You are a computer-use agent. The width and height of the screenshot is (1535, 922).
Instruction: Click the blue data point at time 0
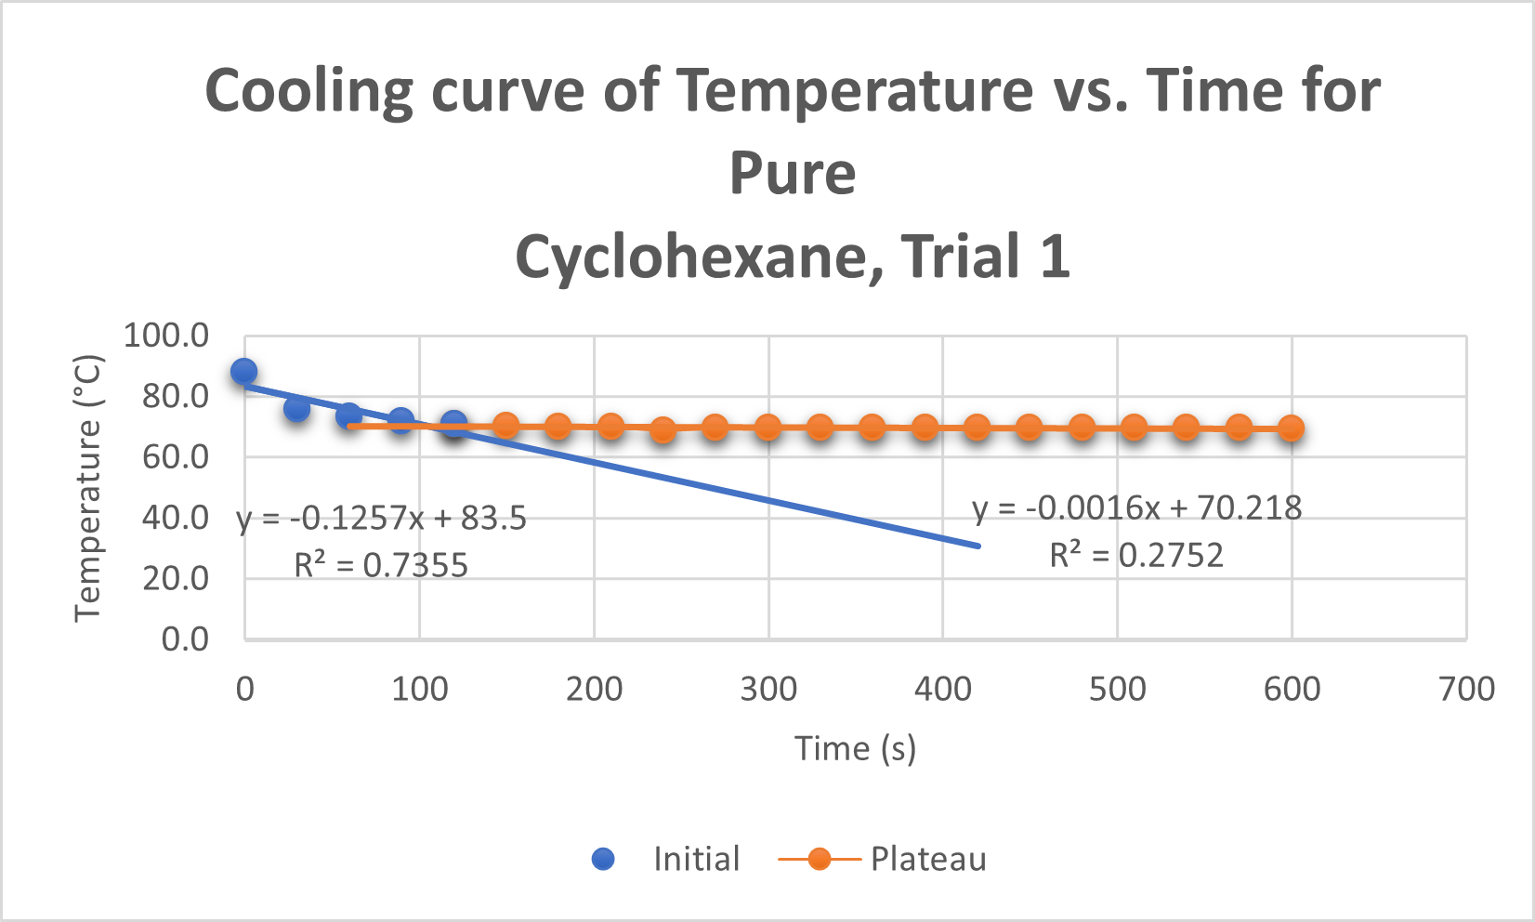point(244,372)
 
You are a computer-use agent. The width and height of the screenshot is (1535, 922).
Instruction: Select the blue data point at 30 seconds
point(296,408)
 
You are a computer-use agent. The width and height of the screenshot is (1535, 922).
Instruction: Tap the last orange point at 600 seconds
point(1291,428)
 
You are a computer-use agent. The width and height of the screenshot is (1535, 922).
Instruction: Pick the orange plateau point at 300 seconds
point(767,428)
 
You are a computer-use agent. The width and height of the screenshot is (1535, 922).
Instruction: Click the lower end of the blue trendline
point(977,546)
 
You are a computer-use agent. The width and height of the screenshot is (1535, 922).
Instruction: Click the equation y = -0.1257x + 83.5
point(382,518)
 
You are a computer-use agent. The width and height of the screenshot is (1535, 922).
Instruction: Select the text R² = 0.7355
point(381,565)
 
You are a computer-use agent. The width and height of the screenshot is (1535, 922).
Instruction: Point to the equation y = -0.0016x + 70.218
point(1136,508)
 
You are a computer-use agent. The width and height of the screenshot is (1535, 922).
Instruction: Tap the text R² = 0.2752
point(1136,556)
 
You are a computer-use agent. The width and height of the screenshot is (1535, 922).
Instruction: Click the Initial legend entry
point(696,859)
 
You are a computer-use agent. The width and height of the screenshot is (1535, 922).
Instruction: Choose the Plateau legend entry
point(927,859)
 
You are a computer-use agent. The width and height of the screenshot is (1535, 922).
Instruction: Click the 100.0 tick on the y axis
point(166,336)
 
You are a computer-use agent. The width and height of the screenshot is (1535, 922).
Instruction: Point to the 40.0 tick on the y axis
point(175,518)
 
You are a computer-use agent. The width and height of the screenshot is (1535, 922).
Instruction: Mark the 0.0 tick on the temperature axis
point(185,639)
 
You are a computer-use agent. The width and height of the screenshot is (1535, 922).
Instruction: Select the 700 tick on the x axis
point(1466,689)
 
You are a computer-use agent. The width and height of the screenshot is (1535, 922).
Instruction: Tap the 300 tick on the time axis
point(768,689)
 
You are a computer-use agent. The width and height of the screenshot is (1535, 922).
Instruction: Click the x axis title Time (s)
point(855,748)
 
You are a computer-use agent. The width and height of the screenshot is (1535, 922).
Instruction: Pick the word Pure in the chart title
point(793,173)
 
